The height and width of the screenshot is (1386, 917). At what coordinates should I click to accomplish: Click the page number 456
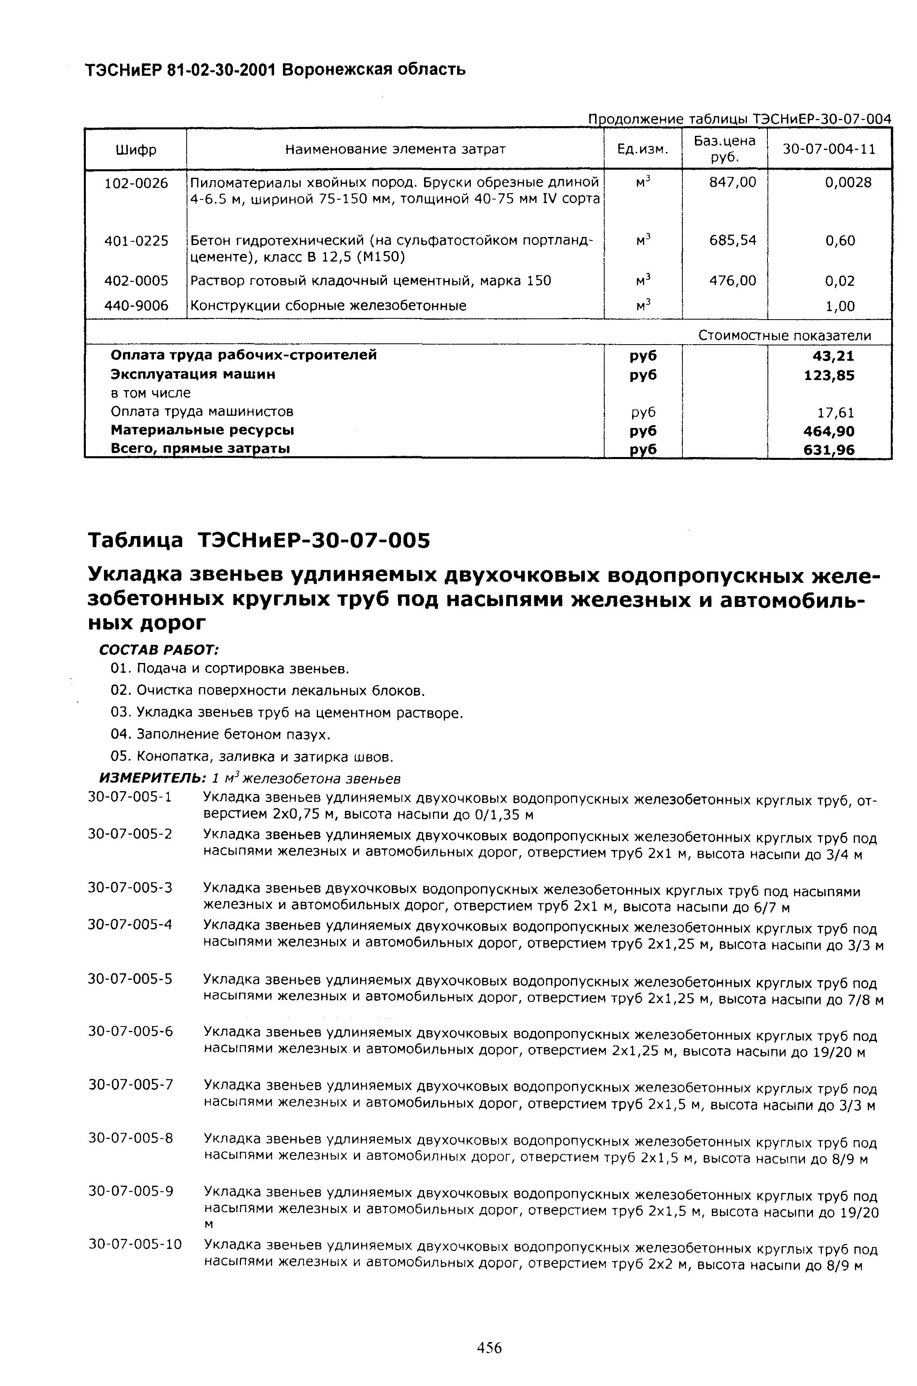tap(489, 1348)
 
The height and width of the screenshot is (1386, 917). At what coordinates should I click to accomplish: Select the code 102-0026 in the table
tap(136, 183)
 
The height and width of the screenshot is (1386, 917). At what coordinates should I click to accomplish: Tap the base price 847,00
tap(732, 183)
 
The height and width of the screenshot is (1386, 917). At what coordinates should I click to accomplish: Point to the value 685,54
tap(732, 240)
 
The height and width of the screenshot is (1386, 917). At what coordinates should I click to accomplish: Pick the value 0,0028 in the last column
tap(848, 183)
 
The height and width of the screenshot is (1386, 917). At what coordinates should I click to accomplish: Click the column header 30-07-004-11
tap(829, 150)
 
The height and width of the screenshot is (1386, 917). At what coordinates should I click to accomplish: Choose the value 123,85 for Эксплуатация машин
tap(829, 375)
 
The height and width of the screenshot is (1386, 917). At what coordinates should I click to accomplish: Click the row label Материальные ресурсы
tap(202, 431)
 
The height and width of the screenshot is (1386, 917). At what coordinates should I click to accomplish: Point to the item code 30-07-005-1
tap(130, 797)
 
